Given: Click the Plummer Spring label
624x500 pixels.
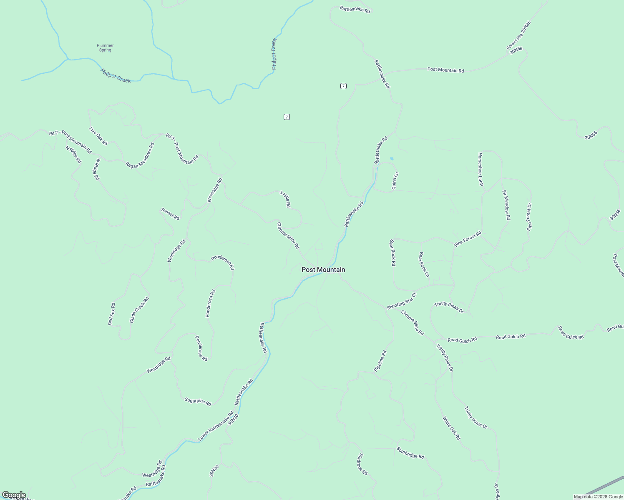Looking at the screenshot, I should [x=105, y=48].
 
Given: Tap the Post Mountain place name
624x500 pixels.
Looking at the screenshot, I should [x=323, y=270].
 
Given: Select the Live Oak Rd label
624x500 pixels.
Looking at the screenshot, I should [x=98, y=136].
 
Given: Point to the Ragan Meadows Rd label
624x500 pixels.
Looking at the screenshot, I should [x=140, y=155].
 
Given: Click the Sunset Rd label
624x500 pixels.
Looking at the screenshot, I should [x=170, y=214].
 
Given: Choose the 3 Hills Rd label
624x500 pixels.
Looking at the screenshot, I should [x=285, y=199].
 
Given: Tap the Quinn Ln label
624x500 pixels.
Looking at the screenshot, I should [x=394, y=181].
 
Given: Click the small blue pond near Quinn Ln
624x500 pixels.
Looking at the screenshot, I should [x=391, y=159].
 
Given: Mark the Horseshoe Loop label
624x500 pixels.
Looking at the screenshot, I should [x=481, y=169].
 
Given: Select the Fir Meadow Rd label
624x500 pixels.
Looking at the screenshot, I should [x=506, y=205].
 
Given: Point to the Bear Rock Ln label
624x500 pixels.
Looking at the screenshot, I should [x=424, y=265].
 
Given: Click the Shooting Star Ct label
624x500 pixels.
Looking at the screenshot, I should [x=402, y=301].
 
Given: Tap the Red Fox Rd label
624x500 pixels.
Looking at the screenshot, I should [x=111, y=314].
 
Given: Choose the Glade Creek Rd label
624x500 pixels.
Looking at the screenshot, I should [x=139, y=310].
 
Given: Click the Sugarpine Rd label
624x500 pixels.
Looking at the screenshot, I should [x=198, y=401].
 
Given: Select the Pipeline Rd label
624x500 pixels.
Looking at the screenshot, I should [x=380, y=361].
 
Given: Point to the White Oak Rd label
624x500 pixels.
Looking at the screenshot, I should [x=451, y=428].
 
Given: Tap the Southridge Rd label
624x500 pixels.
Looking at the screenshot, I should [x=410, y=453].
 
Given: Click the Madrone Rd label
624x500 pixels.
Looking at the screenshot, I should [x=362, y=464].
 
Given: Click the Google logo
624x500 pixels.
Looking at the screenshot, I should [x=14, y=495].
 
